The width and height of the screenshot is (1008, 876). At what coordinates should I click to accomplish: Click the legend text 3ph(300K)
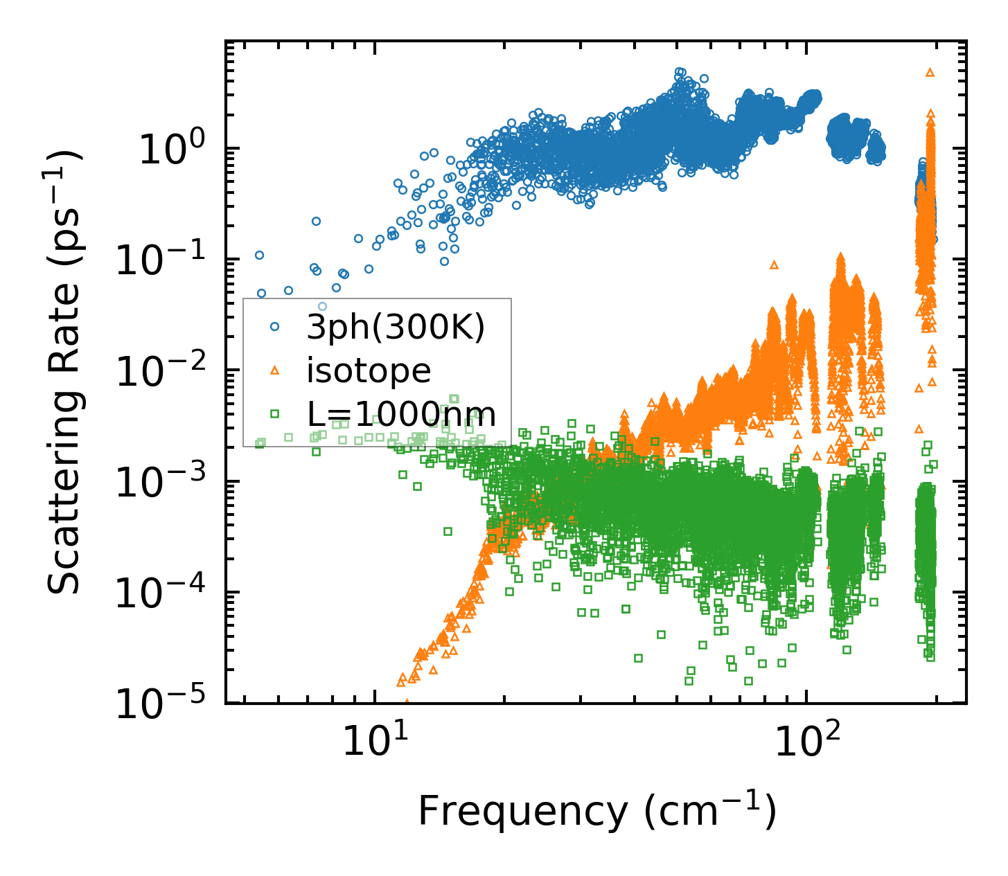point(396,328)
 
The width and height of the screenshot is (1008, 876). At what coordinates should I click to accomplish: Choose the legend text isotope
point(369,371)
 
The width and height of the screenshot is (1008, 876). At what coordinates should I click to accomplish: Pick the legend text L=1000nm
point(402,415)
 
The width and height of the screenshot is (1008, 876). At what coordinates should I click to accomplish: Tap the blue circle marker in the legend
point(274,325)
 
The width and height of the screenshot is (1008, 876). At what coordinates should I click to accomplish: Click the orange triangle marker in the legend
point(274,371)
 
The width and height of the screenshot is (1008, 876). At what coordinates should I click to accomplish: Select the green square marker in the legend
point(274,414)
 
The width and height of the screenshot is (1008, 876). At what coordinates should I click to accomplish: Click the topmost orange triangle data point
point(930,71)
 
